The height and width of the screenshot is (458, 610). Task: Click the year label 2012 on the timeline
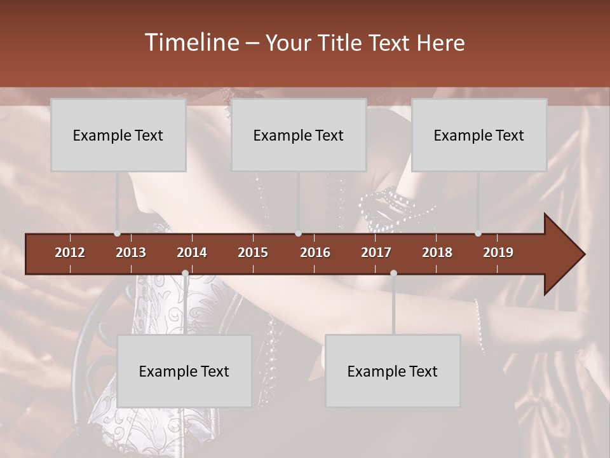pyautogui.click(x=70, y=253)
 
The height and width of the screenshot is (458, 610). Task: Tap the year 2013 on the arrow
pyautogui.click(x=131, y=253)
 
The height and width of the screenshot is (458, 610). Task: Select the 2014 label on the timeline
pyautogui.click(x=192, y=253)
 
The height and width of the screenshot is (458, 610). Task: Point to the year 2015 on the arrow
pyautogui.click(x=253, y=253)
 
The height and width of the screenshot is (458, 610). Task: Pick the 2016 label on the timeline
pyautogui.click(x=315, y=253)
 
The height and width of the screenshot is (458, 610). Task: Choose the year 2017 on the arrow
pyautogui.click(x=376, y=253)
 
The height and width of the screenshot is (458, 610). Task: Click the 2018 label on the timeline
pyautogui.click(x=437, y=253)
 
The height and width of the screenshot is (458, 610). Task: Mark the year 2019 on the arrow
pyautogui.click(x=498, y=253)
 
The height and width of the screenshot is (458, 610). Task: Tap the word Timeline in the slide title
pyautogui.click(x=191, y=43)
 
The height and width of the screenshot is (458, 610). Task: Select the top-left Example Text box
pyautogui.click(x=118, y=135)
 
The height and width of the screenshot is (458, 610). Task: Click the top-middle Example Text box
pyautogui.click(x=299, y=135)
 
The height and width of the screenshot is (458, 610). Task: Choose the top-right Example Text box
pyautogui.click(x=479, y=135)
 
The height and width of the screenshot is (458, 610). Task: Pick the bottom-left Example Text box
pyautogui.click(x=184, y=371)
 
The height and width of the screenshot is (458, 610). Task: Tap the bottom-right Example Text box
pyautogui.click(x=393, y=371)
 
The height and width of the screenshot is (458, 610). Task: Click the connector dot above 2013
pyautogui.click(x=117, y=233)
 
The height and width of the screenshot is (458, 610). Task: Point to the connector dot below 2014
pyautogui.click(x=185, y=273)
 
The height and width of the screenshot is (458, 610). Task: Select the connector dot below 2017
pyautogui.click(x=393, y=273)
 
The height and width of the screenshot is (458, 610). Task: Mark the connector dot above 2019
pyautogui.click(x=478, y=233)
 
